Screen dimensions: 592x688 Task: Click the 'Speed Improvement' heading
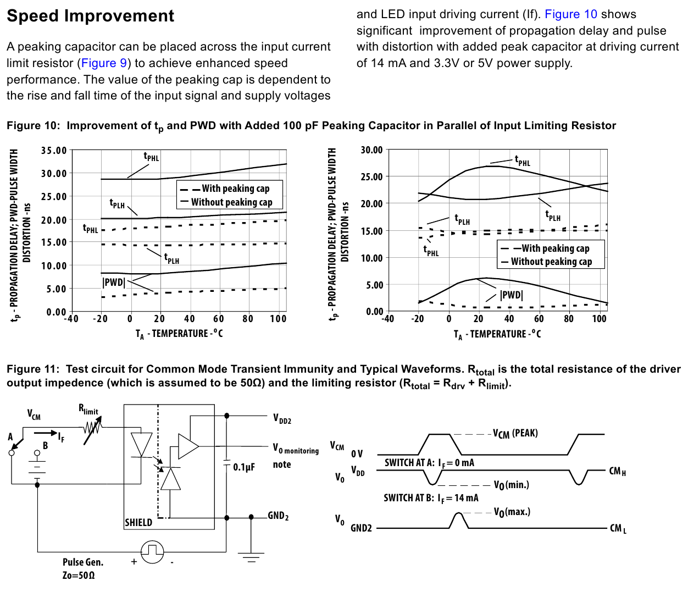tap(90, 16)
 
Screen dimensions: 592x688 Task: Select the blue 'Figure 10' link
tap(570, 14)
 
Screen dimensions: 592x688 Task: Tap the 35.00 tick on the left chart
tap(54, 150)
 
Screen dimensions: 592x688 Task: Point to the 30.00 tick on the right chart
tap(371, 150)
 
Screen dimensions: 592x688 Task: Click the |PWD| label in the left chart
tap(114, 283)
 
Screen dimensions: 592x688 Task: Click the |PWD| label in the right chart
tap(511, 295)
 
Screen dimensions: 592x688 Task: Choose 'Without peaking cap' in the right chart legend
tap(551, 262)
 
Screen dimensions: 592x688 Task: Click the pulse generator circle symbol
tap(152, 551)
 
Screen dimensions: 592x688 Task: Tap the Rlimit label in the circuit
tap(88, 409)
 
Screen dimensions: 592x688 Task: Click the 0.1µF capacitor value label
tap(244, 467)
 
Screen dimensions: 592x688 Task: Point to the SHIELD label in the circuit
tap(138, 522)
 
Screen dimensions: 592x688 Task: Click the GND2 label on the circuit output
tap(278, 516)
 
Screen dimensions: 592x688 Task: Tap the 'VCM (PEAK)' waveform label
tap(515, 434)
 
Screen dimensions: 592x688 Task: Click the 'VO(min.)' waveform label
tap(511, 485)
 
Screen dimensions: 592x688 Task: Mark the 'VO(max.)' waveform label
tap(512, 512)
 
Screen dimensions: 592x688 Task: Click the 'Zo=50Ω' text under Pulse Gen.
tap(79, 575)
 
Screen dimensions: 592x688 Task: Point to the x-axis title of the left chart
tap(179, 334)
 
